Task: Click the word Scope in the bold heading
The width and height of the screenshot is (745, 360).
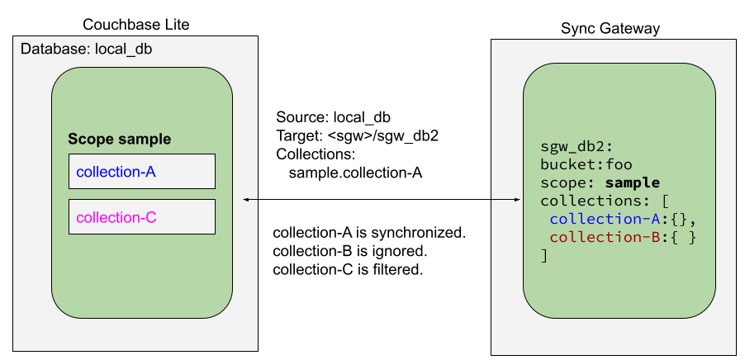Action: point(89,140)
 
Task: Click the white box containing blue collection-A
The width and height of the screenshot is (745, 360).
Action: point(141,172)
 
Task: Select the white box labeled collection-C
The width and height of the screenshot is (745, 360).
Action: point(141,217)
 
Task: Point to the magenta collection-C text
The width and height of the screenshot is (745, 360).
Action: point(116,218)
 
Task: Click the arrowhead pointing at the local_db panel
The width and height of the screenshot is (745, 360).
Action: point(246,199)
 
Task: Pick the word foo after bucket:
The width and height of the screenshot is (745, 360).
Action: point(619,163)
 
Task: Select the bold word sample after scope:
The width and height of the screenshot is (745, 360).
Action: point(632,182)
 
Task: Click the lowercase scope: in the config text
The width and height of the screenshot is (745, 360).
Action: point(566,182)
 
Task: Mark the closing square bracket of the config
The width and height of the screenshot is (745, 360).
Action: point(544,256)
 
